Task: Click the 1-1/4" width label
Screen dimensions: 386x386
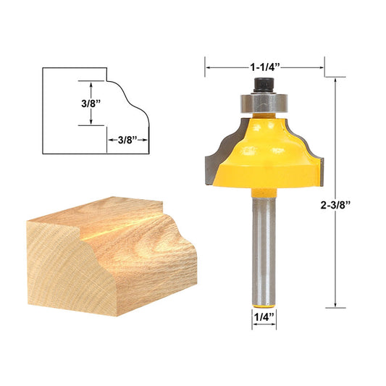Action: pyautogui.click(x=264, y=67)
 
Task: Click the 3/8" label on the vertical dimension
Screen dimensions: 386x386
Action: pyautogui.click(x=91, y=103)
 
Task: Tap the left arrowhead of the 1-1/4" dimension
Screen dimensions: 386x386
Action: pyautogui.click(x=209, y=67)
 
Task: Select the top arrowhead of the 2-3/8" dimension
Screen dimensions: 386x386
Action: pyautogui.click(x=336, y=80)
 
